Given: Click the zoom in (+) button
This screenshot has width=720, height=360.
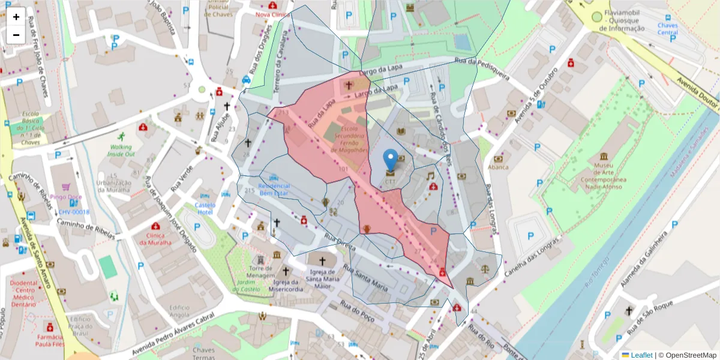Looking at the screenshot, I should pyautogui.click(x=16, y=17).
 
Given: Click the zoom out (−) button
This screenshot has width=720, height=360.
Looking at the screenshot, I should pyautogui.click(x=16, y=35).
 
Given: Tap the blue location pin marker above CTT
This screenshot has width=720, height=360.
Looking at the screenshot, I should pyautogui.click(x=391, y=159).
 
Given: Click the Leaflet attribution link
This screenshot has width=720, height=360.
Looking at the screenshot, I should pyautogui.click(x=641, y=355).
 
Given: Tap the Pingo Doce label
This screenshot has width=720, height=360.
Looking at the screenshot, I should pyautogui.click(x=66, y=196).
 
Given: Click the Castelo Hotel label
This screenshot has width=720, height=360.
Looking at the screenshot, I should pyautogui.click(x=205, y=208).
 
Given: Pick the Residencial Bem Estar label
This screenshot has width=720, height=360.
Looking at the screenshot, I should pyautogui.click(x=274, y=190).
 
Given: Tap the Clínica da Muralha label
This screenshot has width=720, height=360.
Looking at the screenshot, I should pyautogui.click(x=155, y=239).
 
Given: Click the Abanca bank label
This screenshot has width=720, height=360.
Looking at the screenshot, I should pyautogui.click(x=498, y=167).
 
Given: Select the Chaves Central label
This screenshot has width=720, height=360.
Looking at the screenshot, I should pyautogui.click(x=667, y=29).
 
